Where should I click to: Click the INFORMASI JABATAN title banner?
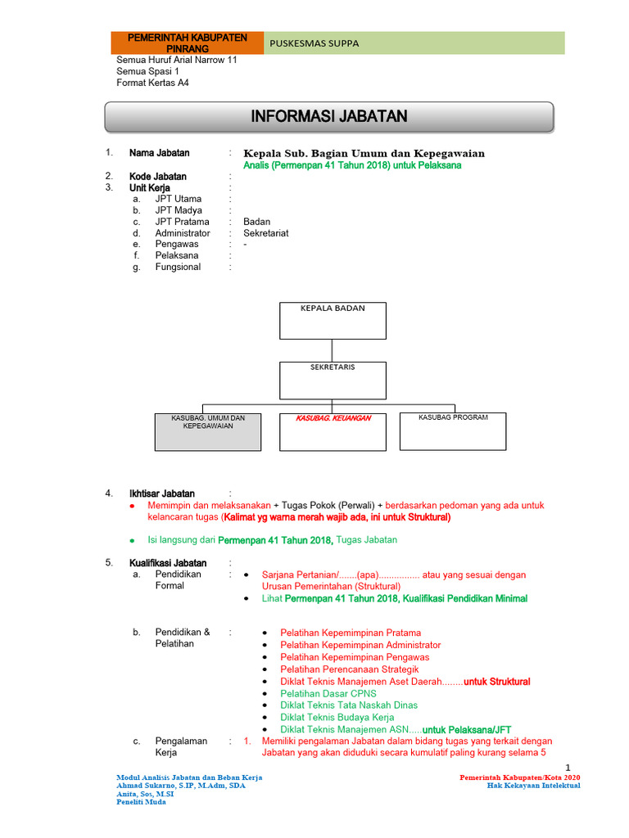click(x=328, y=117)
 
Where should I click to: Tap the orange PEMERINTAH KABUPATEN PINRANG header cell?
click(x=188, y=43)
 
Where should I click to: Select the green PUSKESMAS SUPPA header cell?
click(x=414, y=43)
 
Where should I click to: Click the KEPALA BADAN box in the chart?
click(x=333, y=320)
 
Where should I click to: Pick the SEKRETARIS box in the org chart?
click(x=333, y=380)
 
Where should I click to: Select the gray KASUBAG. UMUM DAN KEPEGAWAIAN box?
click(x=208, y=431)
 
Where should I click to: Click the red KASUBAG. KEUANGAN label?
click(x=333, y=418)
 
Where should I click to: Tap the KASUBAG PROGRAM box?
click(x=453, y=430)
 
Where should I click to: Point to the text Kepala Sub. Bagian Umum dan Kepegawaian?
click(x=364, y=153)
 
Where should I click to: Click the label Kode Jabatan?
click(x=158, y=176)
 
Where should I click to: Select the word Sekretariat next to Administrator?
click(x=266, y=233)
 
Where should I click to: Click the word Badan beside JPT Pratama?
click(x=257, y=222)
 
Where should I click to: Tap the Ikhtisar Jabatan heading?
click(x=161, y=493)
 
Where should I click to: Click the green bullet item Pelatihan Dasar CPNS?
click(x=328, y=693)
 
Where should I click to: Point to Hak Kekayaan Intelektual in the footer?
click(x=533, y=785)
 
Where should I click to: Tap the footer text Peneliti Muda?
click(x=142, y=802)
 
